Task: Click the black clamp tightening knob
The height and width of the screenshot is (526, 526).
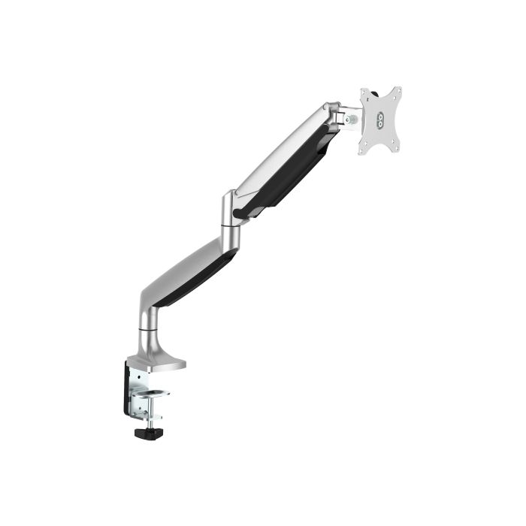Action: [147, 433]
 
